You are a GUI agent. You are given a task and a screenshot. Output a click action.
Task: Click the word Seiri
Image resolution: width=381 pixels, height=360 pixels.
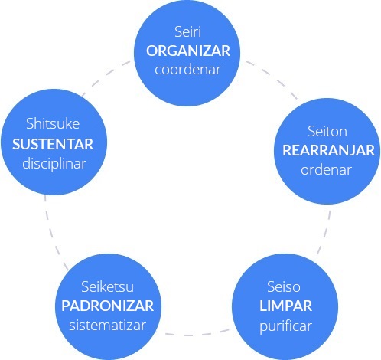coord(188,32)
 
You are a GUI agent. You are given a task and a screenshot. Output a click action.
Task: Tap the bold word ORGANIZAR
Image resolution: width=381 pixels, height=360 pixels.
coord(188,51)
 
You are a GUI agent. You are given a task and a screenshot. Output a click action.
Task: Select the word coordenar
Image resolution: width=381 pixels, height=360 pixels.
coord(187,70)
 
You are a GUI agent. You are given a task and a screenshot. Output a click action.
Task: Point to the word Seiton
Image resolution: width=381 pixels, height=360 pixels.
coord(327,132)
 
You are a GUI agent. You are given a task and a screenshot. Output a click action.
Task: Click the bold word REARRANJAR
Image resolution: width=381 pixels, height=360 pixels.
coord(328,150)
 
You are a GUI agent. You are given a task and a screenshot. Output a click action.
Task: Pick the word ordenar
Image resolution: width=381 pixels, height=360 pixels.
coord(326,169)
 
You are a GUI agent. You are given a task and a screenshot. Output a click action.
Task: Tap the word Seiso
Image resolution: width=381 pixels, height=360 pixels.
coord(284,286)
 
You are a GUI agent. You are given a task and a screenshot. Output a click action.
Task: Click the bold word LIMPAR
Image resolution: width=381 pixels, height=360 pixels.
coord(285,306)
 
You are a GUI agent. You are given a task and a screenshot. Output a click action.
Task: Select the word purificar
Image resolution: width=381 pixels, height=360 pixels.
coord(285,326)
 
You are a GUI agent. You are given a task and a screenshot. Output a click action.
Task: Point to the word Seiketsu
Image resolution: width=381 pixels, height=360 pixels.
coord(107,286)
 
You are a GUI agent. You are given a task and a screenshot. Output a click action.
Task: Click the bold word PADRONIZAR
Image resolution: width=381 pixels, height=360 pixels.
coord(107,306)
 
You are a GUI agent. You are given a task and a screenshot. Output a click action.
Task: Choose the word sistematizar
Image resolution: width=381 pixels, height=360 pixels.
coord(107,325)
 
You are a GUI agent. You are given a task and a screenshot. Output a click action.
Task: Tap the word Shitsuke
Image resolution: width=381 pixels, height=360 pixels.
coord(53,123)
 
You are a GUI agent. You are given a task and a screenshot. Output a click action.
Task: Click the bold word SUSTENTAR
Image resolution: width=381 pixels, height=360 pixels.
coord(53,144)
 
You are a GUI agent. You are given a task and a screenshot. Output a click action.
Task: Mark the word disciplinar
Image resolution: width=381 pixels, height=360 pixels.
coord(54,164)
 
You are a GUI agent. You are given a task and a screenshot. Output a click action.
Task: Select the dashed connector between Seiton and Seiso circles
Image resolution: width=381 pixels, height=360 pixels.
coord(325,232)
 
